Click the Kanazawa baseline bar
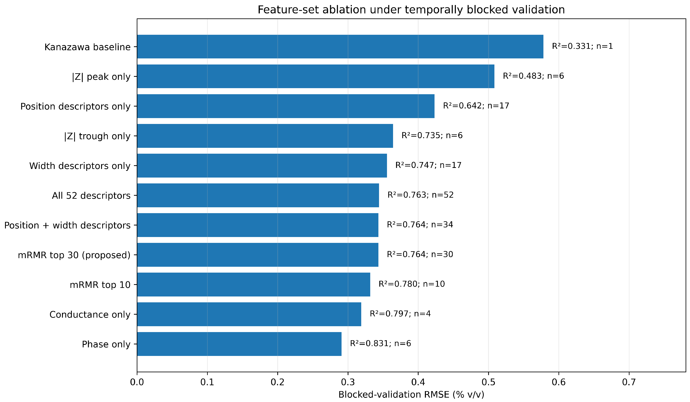click(340, 46)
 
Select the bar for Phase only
click(239, 344)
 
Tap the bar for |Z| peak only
click(316, 76)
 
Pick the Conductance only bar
click(249, 314)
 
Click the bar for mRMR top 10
click(254, 285)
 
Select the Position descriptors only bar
click(286, 106)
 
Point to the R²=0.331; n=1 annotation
click(582, 46)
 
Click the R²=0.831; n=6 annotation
click(380, 343)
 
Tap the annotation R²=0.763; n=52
click(420, 195)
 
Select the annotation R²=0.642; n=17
click(476, 106)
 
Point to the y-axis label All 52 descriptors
click(91, 196)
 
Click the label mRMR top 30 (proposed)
click(74, 255)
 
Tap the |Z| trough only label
click(97, 136)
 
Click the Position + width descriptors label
click(67, 225)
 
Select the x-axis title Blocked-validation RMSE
click(394, 395)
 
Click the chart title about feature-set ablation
click(411, 10)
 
